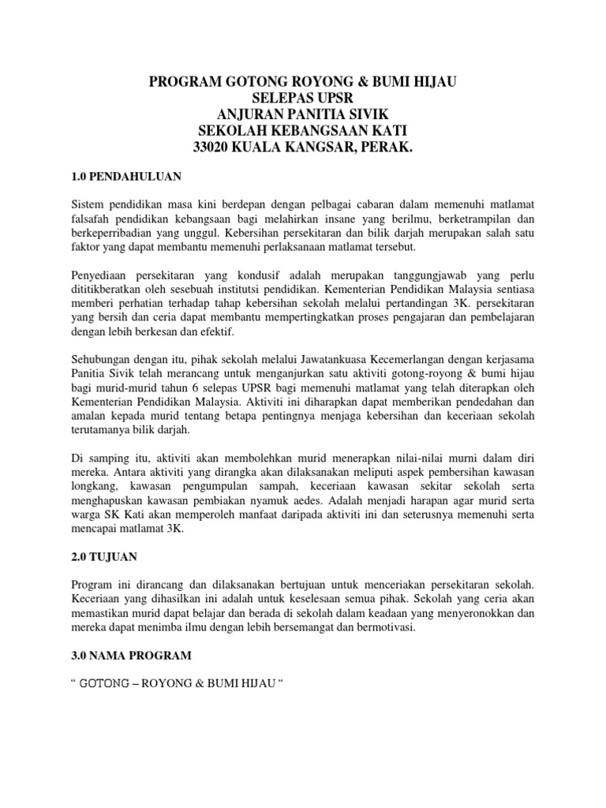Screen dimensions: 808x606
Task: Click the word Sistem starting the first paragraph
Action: [88, 204]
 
